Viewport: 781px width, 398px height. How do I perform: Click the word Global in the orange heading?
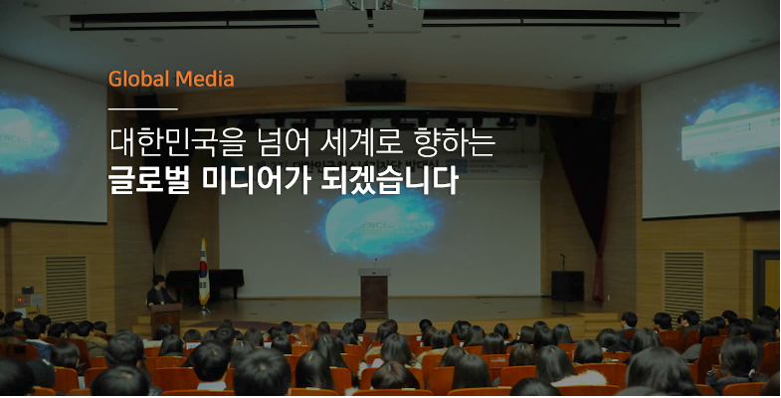coord(139,79)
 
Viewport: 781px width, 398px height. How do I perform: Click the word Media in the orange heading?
coord(205,79)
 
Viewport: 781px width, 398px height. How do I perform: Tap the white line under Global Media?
coord(143,108)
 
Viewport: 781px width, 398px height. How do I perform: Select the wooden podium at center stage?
coord(374,294)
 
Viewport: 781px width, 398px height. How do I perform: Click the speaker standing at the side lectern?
coord(159,291)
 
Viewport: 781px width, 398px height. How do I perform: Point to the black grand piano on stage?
coord(205,283)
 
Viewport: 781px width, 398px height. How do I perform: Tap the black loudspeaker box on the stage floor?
coord(567,286)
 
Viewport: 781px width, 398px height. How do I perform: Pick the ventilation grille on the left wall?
coord(67,289)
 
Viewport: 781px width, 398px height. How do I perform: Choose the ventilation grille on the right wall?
coord(683,285)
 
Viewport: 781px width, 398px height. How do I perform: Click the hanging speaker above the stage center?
coord(375,91)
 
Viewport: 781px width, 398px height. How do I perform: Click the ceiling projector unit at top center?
coord(369,18)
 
